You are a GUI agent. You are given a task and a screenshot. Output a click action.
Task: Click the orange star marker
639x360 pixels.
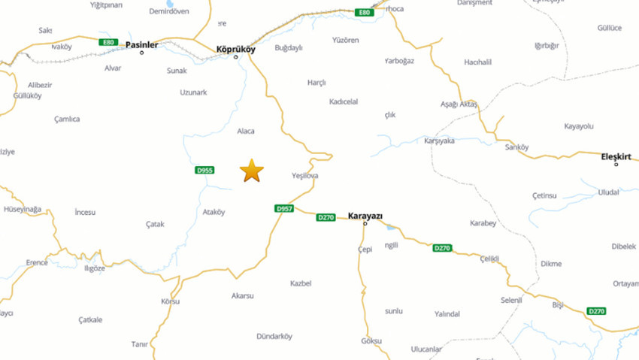(252, 171)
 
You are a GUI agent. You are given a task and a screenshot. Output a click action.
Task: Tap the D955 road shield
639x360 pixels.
(204, 171)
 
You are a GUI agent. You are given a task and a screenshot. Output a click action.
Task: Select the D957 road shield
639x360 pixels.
(283, 208)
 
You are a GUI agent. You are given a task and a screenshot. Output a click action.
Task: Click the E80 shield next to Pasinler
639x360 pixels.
(109, 42)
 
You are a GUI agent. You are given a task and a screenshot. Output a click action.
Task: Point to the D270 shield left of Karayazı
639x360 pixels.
(326, 217)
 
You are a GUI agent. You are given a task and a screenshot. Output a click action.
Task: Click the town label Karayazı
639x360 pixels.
(365, 216)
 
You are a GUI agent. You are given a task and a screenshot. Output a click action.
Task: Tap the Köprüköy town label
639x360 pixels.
(235, 49)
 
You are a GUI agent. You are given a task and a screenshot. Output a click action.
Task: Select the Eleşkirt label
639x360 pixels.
(616, 156)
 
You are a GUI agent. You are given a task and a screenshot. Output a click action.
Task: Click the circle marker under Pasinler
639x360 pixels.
(141, 53)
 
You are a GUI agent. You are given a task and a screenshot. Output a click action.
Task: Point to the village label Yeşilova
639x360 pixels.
(304, 176)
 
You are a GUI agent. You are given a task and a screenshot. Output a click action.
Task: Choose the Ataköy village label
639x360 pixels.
(214, 212)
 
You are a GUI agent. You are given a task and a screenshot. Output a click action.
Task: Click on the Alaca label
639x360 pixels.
(246, 131)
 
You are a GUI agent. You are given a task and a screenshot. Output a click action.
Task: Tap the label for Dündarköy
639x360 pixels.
(274, 336)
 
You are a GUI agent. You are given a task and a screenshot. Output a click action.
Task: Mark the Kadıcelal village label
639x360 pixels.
(344, 101)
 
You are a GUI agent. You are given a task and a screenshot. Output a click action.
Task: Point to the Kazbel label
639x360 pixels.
(301, 283)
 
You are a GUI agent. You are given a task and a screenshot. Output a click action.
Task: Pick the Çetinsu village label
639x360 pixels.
(544, 195)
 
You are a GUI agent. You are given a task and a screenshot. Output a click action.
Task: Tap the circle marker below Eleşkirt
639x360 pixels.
(616, 165)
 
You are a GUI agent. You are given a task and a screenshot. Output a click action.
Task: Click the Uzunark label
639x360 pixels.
(193, 92)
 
